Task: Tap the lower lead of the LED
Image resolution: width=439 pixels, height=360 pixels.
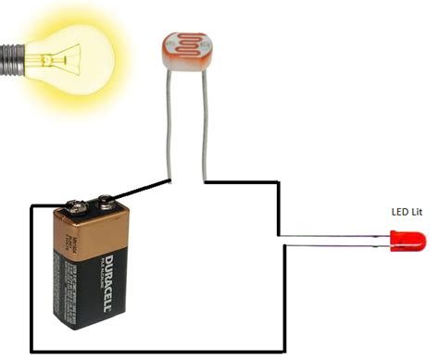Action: tap(333, 247)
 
